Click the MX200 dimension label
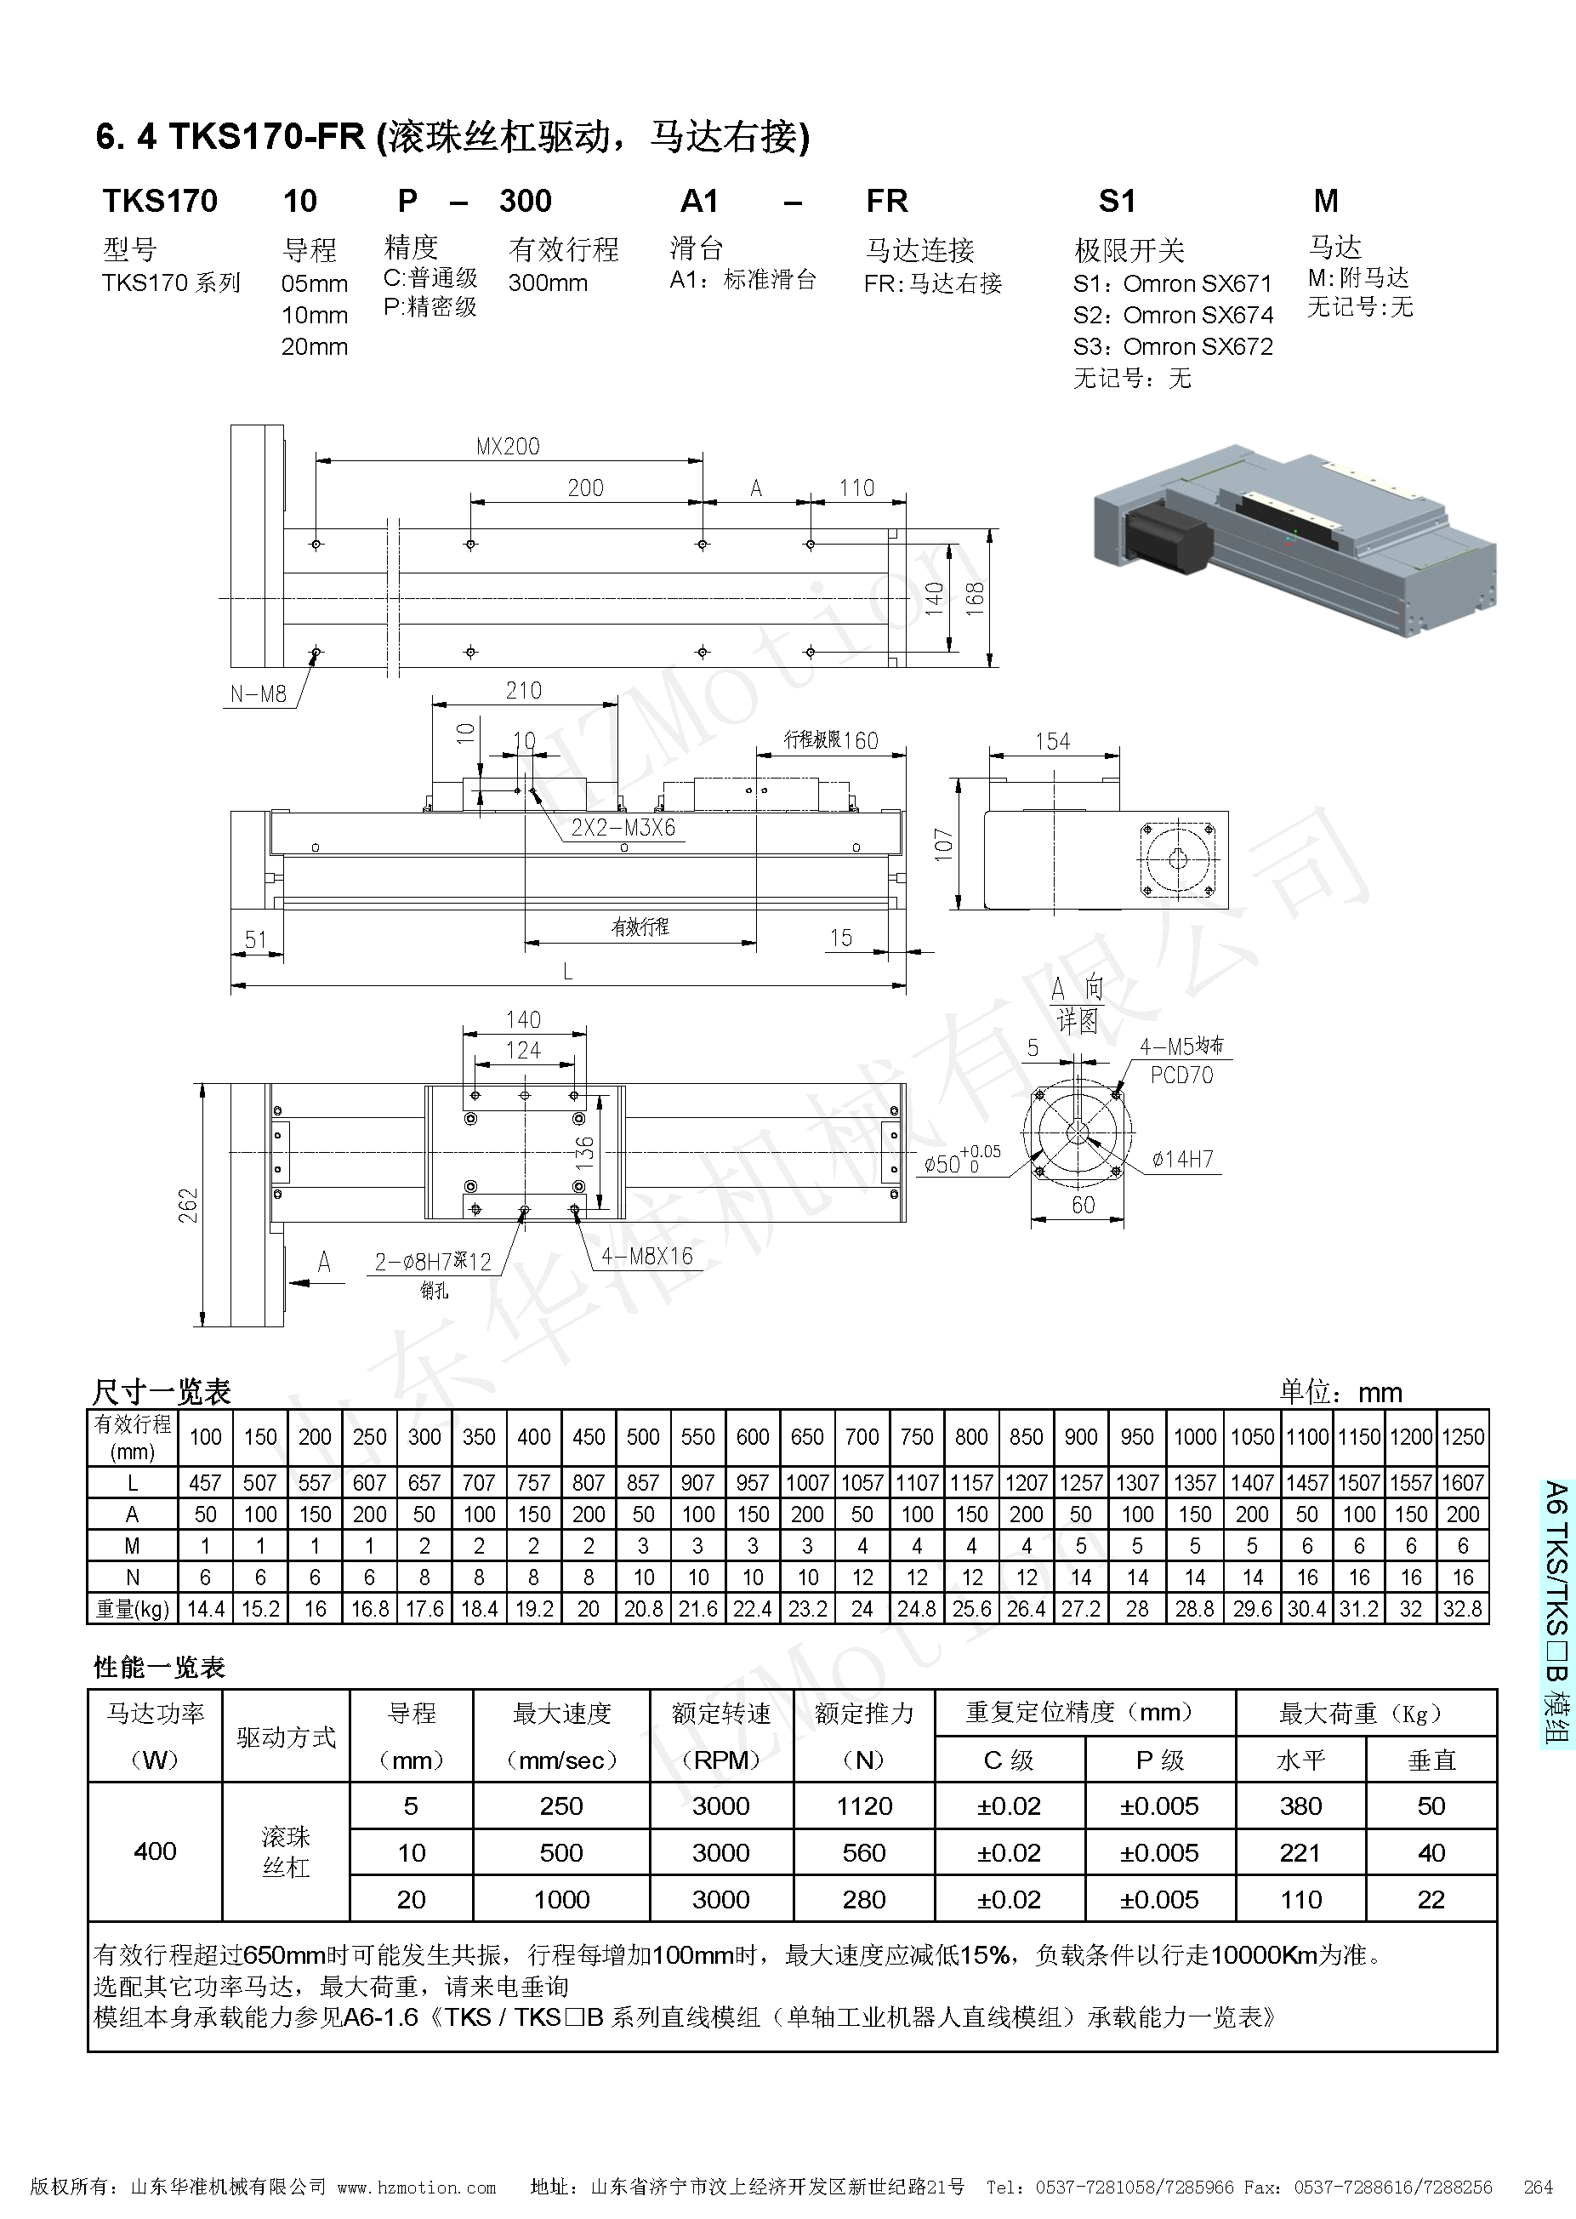pos(508,447)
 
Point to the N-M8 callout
pos(259,694)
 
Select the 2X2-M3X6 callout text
pos(622,828)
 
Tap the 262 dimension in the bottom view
pos(188,1205)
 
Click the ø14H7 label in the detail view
pos(1182,1159)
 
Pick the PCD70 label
pos(1181,1075)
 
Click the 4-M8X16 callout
pos(646,1256)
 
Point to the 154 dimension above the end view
pos(1052,742)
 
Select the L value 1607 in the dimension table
pos(1463,1482)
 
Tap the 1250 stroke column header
pos(1463,1436)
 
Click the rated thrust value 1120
pos(863,1805)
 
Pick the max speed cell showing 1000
pos(561,1899)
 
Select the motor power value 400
pos(156,1851)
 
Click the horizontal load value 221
pos(1300,1852)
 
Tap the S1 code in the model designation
pos(1117,201)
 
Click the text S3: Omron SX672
pos(1172,346)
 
